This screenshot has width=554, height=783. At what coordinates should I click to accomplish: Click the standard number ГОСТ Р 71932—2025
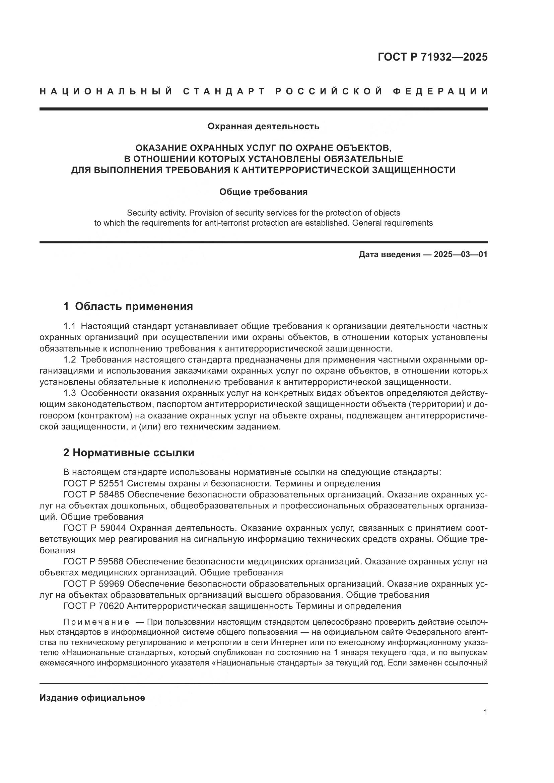[432, 57]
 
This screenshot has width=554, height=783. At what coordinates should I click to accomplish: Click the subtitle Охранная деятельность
[263, 127]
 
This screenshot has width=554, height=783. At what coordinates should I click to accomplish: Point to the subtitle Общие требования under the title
[263, 192]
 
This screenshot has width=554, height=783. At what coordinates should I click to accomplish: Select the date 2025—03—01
[461, 254]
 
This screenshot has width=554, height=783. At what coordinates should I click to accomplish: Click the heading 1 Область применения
[128, 306]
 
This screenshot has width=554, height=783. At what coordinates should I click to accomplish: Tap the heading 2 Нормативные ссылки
[129, 453]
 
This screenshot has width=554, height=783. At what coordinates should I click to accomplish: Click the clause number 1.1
[70, 326]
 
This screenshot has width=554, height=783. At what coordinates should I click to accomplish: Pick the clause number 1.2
[70, 360]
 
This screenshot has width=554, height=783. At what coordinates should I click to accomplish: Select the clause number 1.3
[70, 393]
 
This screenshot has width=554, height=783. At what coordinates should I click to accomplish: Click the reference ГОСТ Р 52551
[94, 484]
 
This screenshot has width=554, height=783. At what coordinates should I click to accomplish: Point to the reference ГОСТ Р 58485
[94, 494]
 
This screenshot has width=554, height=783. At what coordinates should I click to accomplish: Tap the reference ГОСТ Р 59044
[94, 528]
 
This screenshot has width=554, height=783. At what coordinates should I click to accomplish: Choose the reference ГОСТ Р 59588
[94, 561]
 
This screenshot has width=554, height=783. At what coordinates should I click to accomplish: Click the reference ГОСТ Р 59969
[94, 584]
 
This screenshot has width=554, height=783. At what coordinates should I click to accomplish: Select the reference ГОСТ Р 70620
[94, 606]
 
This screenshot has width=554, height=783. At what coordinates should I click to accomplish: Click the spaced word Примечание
[96, 622]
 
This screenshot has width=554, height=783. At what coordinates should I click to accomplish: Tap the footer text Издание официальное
[92, 698]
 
